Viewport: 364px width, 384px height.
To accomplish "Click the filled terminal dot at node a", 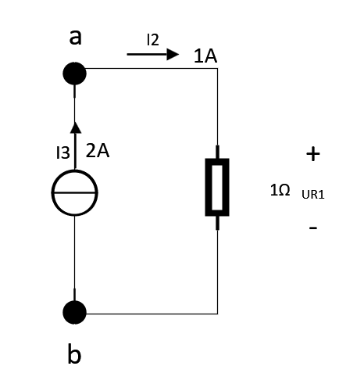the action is click(x=74, y=74).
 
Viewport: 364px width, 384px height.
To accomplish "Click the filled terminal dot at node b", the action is click(x=74, y=312).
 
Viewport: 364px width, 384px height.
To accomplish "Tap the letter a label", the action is click(x=75, y=38).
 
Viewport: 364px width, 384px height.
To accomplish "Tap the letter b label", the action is click(x=74, y=353).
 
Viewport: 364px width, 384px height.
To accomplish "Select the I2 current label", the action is click(x=153, y=40).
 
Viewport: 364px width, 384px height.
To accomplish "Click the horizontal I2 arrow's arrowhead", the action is click(x=173, y=54).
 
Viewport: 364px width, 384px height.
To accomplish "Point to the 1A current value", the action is click(x=205, y=56).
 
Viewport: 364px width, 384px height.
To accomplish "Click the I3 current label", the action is click(x=63, y=153).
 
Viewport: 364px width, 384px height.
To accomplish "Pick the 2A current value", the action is click(x=98, y=151).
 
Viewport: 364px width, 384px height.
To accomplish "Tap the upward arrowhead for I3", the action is click(x=76, y=127).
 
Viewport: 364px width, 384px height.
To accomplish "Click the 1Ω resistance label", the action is click(x=280, y=190).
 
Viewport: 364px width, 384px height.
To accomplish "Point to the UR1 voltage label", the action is click(x=313, y=195).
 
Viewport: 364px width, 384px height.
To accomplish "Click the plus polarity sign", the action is click(x=313, y=154).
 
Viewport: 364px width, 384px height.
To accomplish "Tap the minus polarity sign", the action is click(x=313, y=228).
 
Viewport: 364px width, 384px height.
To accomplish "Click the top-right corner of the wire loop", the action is click(x=217, y=69).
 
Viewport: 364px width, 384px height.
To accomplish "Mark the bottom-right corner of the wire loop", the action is click(x=217, y=314).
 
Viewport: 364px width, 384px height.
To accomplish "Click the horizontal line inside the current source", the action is click(x=75, y=192).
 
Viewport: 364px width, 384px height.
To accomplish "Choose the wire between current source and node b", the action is click(x=75, y=259).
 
